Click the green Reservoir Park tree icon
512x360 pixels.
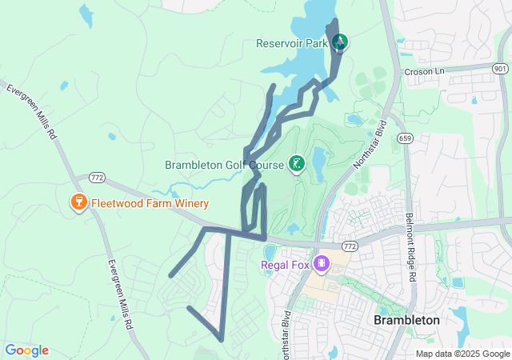[340, 42]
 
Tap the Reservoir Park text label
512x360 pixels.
[294, 43]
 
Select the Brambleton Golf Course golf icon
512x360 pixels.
[297, 165]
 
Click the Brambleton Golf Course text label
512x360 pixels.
[224, 166]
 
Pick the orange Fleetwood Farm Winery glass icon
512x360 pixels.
[78, 202]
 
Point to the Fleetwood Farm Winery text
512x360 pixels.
[150, 203]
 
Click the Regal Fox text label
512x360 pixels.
[286, 265]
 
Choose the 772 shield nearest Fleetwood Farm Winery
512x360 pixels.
[97, 176]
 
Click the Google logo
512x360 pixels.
[26, 350]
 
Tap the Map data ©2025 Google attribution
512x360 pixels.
[462, 354]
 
